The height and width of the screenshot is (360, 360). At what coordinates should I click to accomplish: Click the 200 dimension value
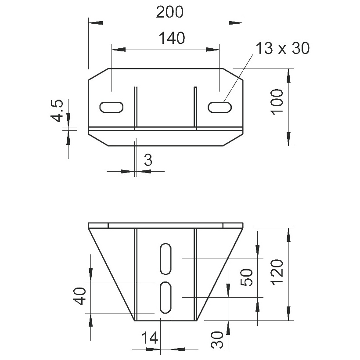(169, 12)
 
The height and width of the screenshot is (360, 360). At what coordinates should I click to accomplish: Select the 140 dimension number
(172, 38)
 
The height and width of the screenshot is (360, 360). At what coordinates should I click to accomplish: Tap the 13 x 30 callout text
(282, 48)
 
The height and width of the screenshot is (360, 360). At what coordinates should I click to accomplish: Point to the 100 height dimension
(277, 102)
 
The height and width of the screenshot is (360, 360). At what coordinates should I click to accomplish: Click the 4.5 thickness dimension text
(57, 111)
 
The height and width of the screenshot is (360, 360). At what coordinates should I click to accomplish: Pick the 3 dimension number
(148, 160)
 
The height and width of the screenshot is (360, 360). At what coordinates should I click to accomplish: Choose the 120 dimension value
(277, 273)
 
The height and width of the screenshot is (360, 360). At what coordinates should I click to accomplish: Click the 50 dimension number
(246, 277)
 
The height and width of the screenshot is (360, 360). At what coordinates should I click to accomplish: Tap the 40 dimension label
(81, 296)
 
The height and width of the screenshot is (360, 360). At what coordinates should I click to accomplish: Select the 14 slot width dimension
(150, 338)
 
